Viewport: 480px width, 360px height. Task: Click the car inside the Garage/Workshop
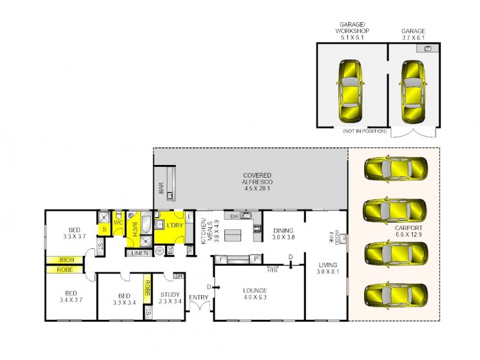click(350, 91)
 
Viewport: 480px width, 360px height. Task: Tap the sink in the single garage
click(428, 48)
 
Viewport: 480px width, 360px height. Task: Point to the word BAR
click(161, 188)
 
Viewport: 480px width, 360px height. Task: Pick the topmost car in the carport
click(395, 169)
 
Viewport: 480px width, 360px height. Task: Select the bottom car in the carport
click(395, 295)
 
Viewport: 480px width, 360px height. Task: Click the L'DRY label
click(174, 225)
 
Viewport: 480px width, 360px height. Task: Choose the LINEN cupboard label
click(138, 253)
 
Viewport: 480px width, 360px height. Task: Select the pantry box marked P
click(256, 259)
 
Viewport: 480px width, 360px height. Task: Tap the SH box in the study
click(178, 276)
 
